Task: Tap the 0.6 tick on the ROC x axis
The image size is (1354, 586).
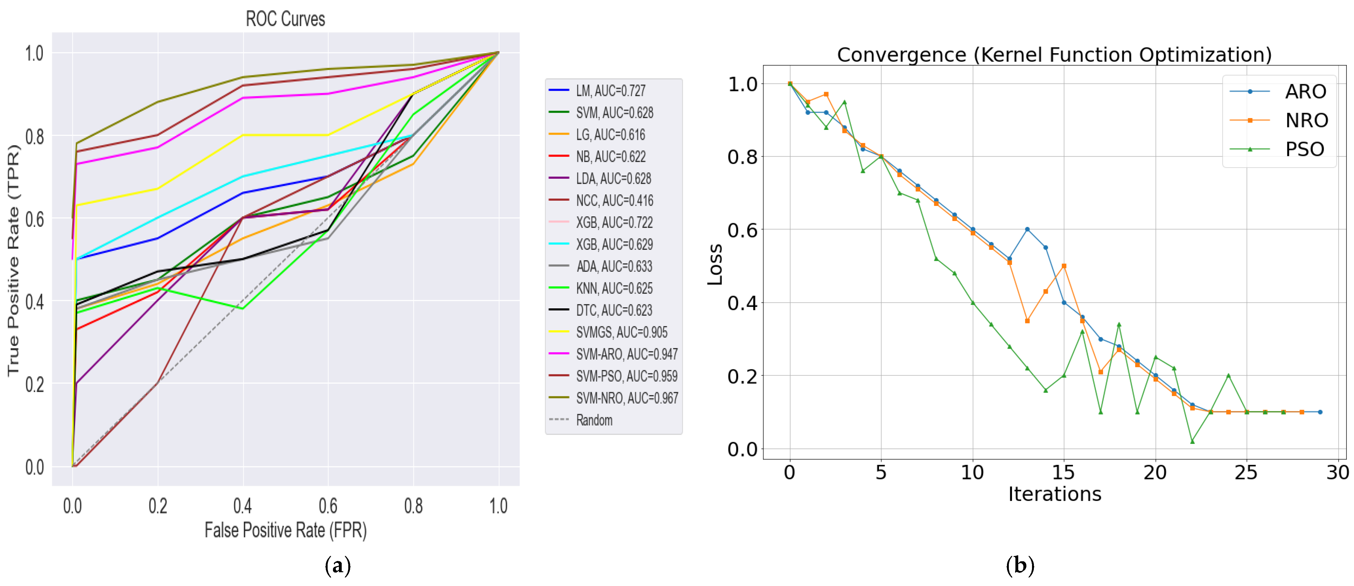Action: tap(328, 506)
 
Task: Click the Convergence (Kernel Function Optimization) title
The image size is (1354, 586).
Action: tap(1054, 55)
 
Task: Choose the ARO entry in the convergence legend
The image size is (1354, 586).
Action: tap(1305, 91)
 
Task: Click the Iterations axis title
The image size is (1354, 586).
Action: tap(1054, 494)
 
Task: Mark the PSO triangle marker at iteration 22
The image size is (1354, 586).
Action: tap(1192, 441)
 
